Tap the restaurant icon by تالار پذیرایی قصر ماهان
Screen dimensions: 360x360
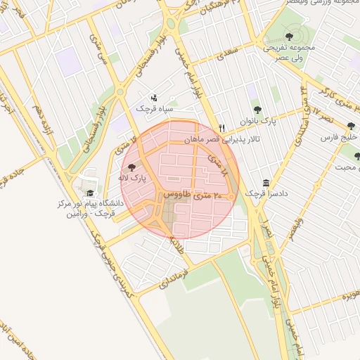click(222, 128)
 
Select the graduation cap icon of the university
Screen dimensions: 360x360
click(89, 193)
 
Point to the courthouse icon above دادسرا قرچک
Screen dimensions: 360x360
click(266, 181)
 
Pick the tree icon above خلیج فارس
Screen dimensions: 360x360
click(351, 127)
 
